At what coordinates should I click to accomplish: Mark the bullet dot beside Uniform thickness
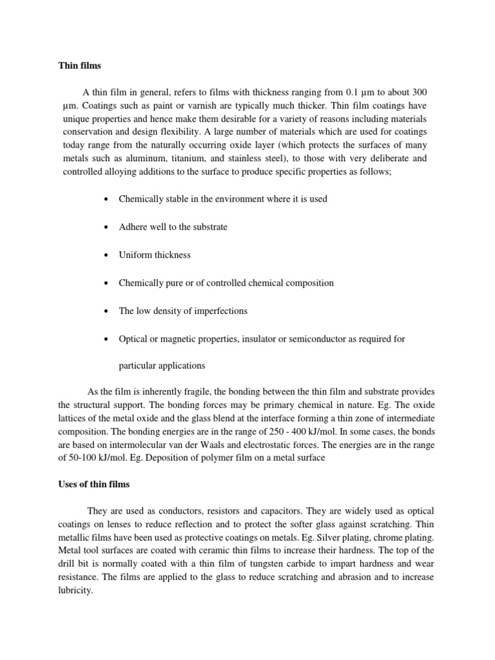coord(104,255)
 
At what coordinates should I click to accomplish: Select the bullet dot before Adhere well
coord(104,228)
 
